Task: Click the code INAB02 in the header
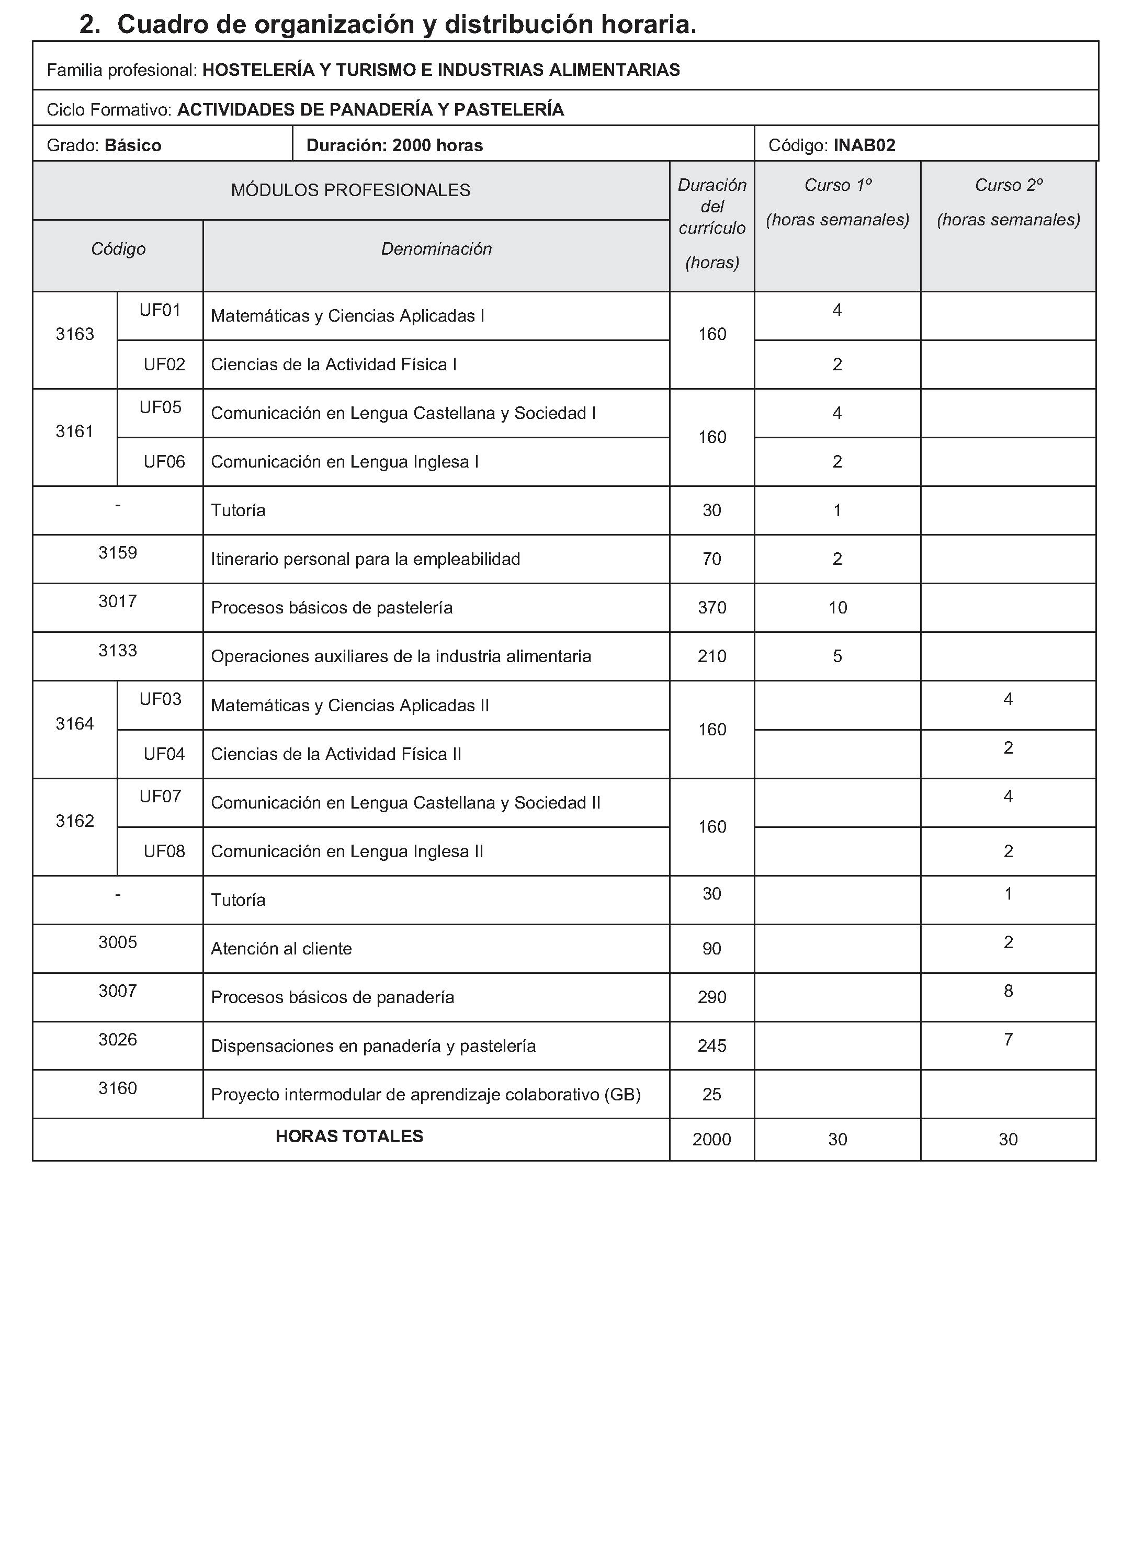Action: [864, 145]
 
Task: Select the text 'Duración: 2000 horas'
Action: [395, 145]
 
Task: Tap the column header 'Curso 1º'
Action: [837, 185]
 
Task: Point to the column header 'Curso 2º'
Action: [1008, 185]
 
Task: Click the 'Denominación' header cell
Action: [436, 248]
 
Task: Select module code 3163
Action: [75, 334]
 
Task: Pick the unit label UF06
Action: [164, 462]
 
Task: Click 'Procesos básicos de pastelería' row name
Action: [332, 608]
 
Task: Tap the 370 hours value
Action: [712, 608]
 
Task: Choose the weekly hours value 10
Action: [837, 608]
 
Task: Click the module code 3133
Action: [118, 650]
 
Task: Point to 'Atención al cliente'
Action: [281, 949]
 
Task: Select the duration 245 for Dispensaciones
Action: [712, 1046]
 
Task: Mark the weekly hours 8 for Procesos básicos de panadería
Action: [1008, 991]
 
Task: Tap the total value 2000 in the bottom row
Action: [712, 1140]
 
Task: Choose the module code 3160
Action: [118, 1088]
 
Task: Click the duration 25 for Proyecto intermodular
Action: [712, 1095]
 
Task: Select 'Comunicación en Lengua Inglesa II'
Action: [347, 851]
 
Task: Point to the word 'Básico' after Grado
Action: [133, 145]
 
